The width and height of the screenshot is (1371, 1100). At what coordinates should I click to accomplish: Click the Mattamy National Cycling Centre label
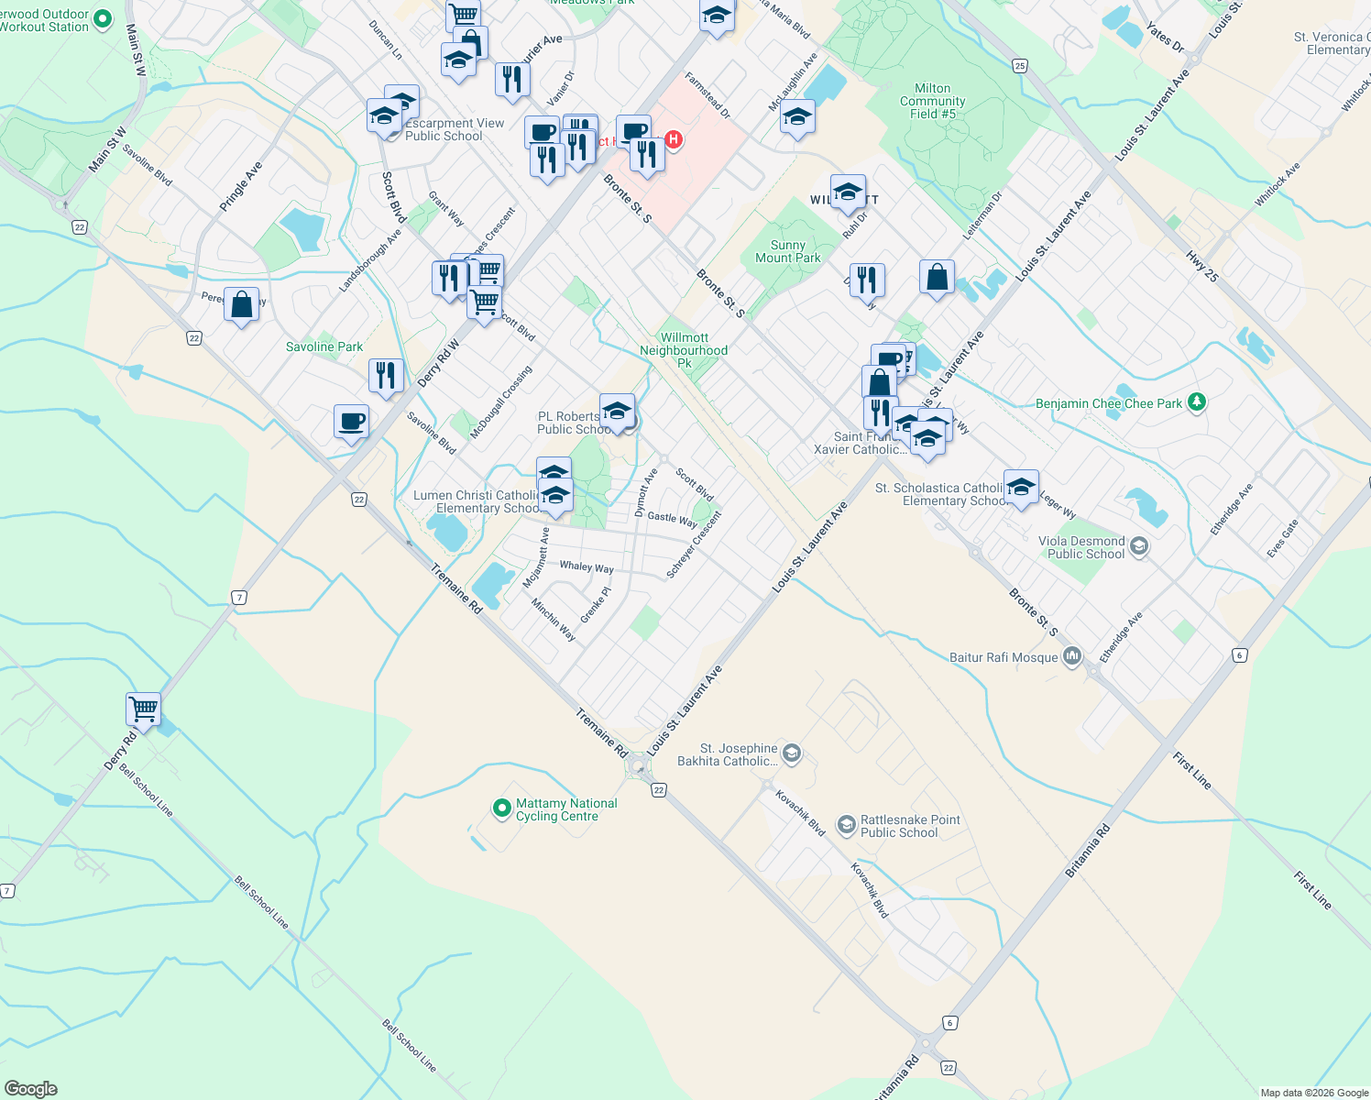point(566,809)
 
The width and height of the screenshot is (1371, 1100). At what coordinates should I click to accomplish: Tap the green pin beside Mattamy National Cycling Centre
point(501,808)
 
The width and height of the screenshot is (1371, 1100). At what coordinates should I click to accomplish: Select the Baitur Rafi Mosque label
point(1004,657)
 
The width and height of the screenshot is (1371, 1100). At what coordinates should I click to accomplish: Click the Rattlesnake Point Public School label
point(909,826)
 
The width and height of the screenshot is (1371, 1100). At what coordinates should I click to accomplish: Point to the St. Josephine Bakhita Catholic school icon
point(792,754)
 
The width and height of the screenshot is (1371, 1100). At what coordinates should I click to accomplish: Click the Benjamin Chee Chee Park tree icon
point(1196,401)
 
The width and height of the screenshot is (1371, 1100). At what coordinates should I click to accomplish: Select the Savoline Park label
point(324,346)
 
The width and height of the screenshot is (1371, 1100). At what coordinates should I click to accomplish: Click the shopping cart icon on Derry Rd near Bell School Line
point(143,708)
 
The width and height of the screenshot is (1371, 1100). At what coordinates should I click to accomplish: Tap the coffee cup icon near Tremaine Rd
point(352,422)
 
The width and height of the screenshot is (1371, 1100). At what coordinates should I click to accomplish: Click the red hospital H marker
point(674,139)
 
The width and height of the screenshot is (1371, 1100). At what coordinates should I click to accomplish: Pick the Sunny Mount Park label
point(788,251)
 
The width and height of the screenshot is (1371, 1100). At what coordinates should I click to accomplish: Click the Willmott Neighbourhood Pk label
point(684,350)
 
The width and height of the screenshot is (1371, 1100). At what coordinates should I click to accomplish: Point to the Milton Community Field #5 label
point(933,101)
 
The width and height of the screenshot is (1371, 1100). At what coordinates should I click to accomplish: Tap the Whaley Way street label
point(587,566)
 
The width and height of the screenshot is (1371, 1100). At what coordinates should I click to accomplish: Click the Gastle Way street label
point(673,518)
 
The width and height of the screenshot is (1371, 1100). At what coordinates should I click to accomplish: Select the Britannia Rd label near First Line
point(1088,851)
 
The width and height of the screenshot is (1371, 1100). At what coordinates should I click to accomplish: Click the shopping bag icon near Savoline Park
point(242,304)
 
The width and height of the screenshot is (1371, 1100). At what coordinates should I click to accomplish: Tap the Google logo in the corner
point(31,1089)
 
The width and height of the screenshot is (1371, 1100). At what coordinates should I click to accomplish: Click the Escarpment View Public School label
point(455,129)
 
